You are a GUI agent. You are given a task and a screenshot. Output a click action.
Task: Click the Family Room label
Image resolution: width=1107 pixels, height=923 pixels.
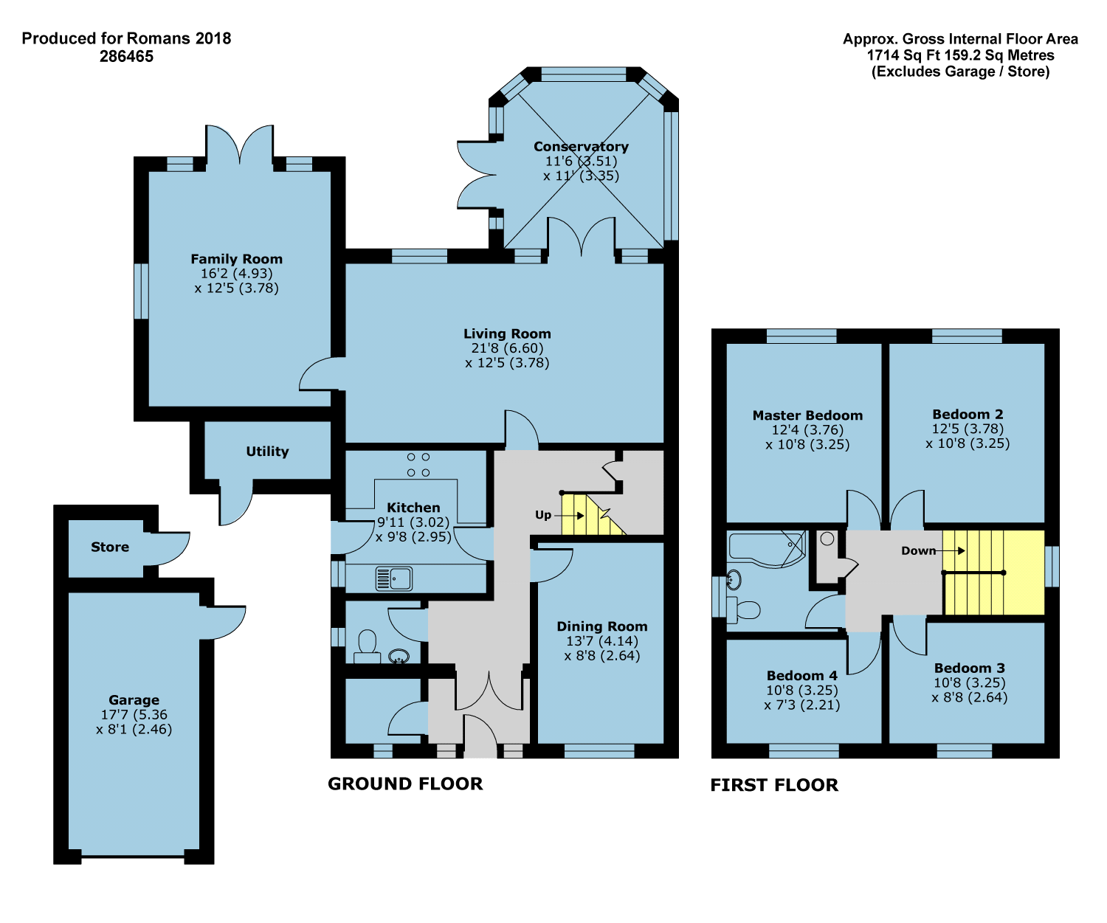pyautogui.click(x=236, y=259)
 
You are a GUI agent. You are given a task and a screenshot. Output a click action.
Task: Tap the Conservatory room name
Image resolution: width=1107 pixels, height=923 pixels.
pyautogui.click(x=581, y=146)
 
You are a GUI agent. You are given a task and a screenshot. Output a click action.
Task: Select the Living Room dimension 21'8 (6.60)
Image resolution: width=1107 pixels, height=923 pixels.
pyautogui.click(x=508, y=348)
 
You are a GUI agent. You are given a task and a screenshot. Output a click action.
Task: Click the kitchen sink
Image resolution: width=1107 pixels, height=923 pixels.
pyautogui.click(x=393, y=578)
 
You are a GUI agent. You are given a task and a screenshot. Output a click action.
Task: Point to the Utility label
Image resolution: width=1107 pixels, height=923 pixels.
pyautogui.click(x=267, y=452)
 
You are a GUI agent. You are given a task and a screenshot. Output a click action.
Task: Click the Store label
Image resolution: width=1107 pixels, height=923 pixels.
pyautogui.click(x=110, y=547)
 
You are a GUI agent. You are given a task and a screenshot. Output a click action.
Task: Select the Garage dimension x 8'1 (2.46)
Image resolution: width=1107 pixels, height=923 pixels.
pyautogui.click(x=134, y=730)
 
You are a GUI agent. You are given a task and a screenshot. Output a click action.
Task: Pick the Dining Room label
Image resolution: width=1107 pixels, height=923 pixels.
pyautogui.click(x=601, y=626)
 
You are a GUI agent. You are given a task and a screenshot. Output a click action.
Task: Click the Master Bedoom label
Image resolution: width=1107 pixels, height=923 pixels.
pyautogui.click(x=807, y=415)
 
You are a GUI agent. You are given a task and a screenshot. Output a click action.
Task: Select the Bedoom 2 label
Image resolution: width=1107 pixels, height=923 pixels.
pyautogui.click(x=968, y=415)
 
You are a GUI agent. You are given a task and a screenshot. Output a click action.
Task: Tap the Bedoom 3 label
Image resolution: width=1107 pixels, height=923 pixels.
pyautogui.click(x=969, y=668)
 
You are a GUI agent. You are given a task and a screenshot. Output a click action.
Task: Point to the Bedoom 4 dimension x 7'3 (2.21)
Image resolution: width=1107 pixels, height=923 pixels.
pyautogui.click(x=801, y=705)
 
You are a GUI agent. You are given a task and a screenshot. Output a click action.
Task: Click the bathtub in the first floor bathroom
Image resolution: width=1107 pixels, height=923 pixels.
pyautogui.click(x=768, y=550)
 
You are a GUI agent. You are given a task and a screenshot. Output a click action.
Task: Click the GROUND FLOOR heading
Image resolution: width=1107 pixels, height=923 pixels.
pyautogui.click(x=405, y=784)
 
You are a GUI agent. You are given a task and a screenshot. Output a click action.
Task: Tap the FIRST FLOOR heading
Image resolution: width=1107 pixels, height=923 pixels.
pyautogui.click(x=774, y=784)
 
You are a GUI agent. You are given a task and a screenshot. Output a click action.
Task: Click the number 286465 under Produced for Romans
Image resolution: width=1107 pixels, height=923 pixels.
pyautogui.click(x=126, y=56)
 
